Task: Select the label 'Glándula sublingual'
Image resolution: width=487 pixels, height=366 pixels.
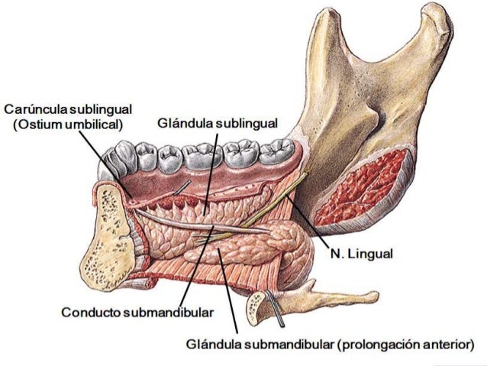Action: point(218,122)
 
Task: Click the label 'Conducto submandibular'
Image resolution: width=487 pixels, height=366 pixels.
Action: point(137,312)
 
